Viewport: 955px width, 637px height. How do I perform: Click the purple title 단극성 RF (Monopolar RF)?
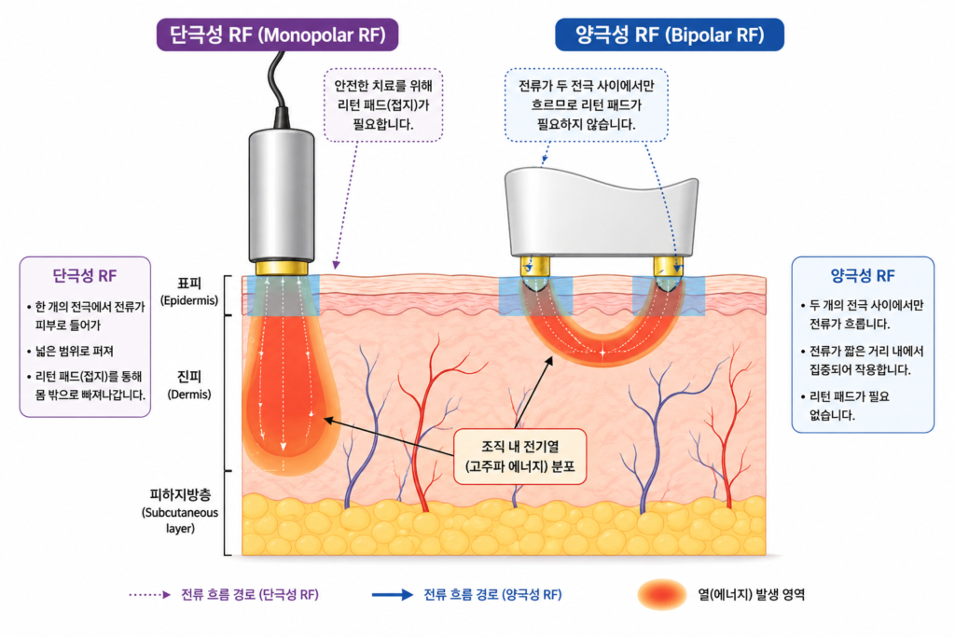[x=278, y=35]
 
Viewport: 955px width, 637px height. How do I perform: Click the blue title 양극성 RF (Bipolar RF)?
[x=670, y=35]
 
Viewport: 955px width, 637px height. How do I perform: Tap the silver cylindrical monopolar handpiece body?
[x=282, y=196]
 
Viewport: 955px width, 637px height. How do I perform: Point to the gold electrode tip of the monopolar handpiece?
[x=282, y=268]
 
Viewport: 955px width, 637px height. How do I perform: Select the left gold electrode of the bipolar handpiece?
[x=535, y=266]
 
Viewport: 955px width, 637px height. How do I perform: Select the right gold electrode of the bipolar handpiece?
[x=668, y=266]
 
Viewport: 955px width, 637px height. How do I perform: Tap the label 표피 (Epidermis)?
[x=189, y=292]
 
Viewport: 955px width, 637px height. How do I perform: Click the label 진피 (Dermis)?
[x=189, y=385]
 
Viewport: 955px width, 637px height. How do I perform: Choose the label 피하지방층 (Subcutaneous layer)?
[x=180, y=511]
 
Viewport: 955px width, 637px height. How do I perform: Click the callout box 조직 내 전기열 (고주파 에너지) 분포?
[x=520, y=457]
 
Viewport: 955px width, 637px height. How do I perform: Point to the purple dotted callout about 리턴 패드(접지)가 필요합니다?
[x=383, y=104]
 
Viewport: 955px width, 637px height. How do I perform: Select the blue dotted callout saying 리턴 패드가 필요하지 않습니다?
[x=586, y=104]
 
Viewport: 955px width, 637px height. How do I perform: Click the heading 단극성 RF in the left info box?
[x=85, y=276]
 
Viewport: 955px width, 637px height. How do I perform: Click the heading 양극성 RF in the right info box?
[x=863, y=276]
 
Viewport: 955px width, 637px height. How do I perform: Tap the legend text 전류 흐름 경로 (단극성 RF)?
[x=250, y=594]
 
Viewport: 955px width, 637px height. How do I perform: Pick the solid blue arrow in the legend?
[x=393, y=595]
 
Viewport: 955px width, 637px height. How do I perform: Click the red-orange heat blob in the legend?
[x=662, y=594]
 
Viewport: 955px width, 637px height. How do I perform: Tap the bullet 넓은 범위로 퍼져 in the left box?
[x=71, y=351]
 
